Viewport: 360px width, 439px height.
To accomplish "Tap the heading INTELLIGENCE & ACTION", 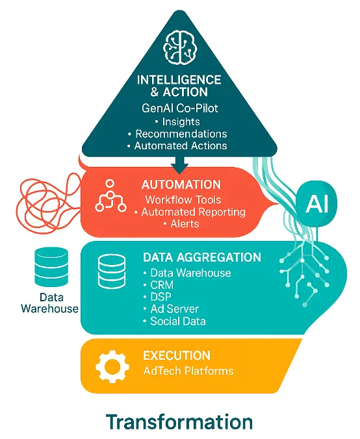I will tap(180, 86).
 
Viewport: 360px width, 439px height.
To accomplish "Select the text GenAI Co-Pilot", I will tap(180, 108).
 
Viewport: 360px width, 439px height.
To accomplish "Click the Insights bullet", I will tap(180, 121).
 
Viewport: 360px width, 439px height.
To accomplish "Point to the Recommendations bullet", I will tap(180, 134).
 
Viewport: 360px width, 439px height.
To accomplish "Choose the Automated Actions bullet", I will tap(180, 146).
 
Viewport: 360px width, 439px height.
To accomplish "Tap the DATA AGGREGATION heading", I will tap(201, 258).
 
